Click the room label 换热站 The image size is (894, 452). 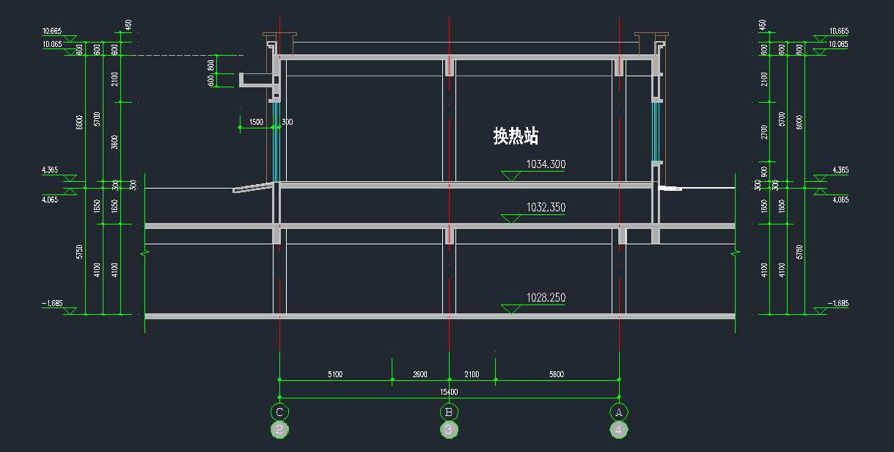[516, 136]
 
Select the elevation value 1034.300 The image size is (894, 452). [546, 165]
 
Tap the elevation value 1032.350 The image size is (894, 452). [546, 208]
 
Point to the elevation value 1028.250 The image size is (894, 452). [546, 298]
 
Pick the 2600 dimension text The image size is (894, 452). [419, 375]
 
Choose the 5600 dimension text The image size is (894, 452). [556, 375]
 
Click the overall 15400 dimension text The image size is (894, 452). [448, 393]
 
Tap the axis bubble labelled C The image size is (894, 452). [279, 412]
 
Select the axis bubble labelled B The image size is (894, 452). [449, 412]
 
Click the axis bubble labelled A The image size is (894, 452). [619, 412]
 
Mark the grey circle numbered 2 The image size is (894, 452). [279, 430]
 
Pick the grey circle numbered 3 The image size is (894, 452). [449, 430]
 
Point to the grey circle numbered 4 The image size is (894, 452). [619, 430]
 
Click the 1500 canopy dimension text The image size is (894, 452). [256, 123]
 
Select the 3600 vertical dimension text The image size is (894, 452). [114, 141]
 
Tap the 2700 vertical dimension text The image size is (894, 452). [764, 132]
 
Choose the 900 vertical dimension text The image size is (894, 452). [764, 172]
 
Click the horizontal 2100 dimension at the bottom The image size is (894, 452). [472, 375]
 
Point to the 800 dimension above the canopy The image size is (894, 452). [211, 65]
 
